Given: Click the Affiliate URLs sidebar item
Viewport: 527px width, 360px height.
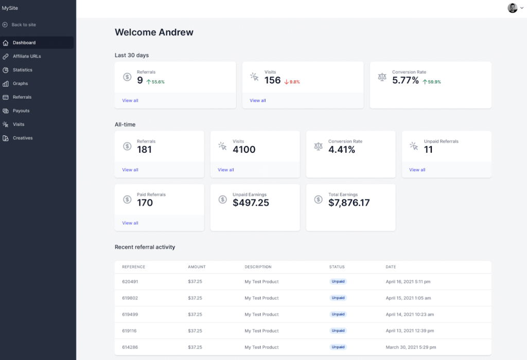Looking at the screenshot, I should point(27,56).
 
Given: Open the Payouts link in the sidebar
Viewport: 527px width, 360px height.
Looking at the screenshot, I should point(21,111).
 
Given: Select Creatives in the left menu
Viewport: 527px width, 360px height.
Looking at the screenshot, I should point(23,138).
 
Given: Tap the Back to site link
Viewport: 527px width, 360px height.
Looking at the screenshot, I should point(24,25).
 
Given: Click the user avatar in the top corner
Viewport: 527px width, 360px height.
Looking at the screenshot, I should point(512,8).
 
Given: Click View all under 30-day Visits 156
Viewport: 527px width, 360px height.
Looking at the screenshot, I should point(258,100).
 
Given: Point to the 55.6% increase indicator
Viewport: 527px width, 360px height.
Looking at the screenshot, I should point(155,82).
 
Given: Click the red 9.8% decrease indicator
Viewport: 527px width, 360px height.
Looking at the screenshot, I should point(292,82).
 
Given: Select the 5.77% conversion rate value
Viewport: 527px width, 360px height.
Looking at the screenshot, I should point(406,80).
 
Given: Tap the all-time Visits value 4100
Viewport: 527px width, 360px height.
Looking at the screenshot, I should point(244,150).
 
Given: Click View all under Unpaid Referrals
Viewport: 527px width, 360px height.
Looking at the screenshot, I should point(417,170).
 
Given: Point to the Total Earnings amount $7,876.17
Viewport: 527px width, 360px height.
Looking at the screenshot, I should point(349,203).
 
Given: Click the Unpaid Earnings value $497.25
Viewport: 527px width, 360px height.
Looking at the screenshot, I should point(251,203).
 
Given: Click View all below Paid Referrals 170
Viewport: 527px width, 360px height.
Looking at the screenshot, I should point(130,223).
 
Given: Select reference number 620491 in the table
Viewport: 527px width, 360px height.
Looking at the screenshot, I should point(130,282).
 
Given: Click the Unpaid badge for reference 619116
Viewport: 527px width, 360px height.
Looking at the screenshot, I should point(338,331).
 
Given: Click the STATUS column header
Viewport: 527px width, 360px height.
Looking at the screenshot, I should point(337,267).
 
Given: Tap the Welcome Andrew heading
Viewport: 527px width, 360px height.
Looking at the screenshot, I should point(154,32).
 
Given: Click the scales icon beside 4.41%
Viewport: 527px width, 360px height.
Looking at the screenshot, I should point(319,146).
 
